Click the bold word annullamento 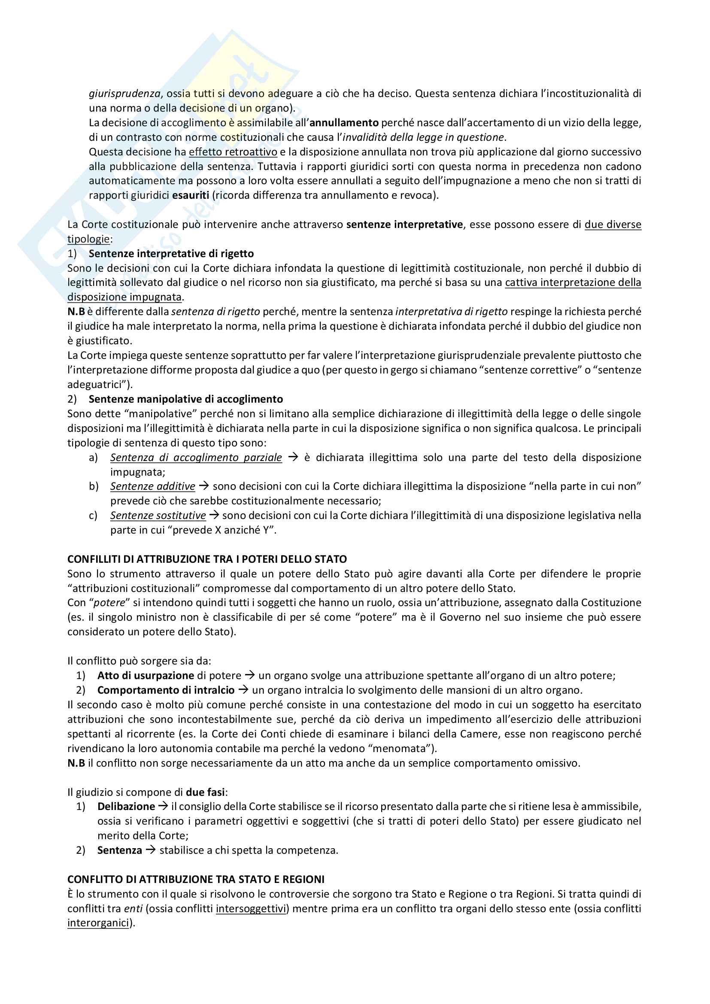344,123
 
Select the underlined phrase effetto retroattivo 233,152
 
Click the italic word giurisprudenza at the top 124,94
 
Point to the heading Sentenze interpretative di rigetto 171,254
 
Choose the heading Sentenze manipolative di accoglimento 185,399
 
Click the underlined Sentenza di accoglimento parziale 196,458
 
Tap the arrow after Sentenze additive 204,486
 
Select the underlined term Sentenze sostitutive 158,516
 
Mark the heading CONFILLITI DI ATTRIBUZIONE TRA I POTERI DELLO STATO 207,559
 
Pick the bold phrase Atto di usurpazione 146,676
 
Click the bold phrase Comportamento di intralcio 166,690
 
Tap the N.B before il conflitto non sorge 76,763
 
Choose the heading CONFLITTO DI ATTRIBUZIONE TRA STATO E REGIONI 196,880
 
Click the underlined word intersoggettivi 251,909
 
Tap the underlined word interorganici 98,923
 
